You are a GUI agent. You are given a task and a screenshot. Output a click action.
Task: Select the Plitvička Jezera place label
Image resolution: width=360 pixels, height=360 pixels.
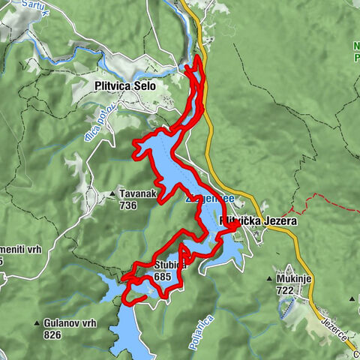coord(259,222)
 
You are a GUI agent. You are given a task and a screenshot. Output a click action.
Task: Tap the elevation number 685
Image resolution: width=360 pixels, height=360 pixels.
coord(163,276)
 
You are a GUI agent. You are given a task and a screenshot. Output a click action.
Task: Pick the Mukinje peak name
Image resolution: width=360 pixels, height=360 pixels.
coord(295,278)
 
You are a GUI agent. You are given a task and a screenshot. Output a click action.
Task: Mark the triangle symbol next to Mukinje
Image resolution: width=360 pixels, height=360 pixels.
coord(269,279)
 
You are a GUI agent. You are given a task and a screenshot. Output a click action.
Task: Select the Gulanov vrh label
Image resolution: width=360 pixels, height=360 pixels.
coord(70,323)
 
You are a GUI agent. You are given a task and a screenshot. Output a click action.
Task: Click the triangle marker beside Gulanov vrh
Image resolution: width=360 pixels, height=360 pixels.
coord(36,324)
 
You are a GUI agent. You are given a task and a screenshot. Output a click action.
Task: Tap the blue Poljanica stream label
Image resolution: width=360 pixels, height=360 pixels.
coord(198,331)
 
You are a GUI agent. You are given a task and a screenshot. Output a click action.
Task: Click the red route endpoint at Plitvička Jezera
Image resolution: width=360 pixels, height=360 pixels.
coord(234,223)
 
